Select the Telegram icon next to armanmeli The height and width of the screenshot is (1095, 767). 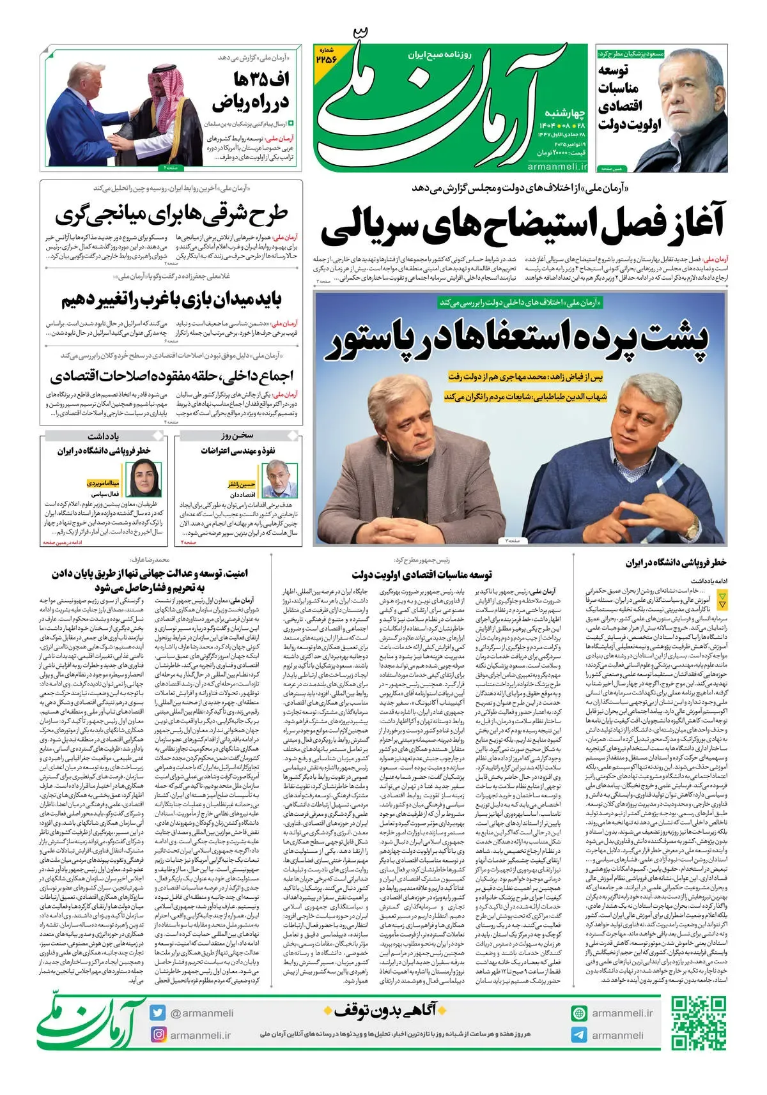point(579,1035)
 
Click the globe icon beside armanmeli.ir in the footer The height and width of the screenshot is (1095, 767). point(579,1013)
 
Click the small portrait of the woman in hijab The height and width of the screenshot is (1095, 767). point(146,478)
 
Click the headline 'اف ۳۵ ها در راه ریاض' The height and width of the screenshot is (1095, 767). point(251,91)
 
